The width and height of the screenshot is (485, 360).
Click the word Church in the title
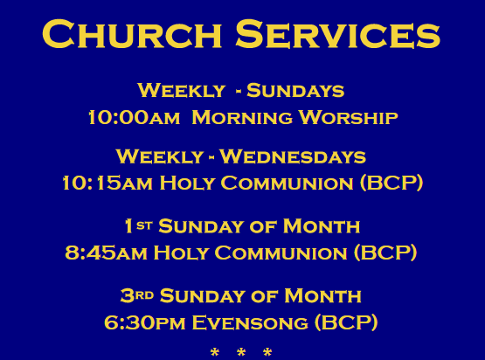[132, 33]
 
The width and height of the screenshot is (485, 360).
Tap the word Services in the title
[338, 33]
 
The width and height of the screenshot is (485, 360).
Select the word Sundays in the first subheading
[295, 90]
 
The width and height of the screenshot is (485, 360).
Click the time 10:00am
[134, 118]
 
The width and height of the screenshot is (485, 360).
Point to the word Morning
[242, 118]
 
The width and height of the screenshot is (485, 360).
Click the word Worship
[349, 118]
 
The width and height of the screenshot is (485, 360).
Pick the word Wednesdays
[293, 156]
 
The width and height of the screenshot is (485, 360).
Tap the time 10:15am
[107, 183]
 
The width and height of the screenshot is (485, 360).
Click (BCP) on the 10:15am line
[391, 183]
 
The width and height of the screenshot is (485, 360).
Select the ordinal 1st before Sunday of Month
[139, 225]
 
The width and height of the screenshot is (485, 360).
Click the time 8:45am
[106, 253]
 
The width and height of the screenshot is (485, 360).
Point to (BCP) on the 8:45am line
[385, 253]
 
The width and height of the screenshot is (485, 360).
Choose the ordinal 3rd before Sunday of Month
[137, 295]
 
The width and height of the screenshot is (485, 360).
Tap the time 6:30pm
[145, 322]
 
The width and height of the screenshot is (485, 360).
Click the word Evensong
[250, 322]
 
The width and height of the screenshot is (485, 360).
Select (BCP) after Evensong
[346, 322]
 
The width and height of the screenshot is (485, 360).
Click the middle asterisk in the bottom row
[241, 352]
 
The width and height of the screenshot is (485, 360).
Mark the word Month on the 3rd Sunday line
[322, 295]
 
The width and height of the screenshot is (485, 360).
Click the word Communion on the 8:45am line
[281, 253]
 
